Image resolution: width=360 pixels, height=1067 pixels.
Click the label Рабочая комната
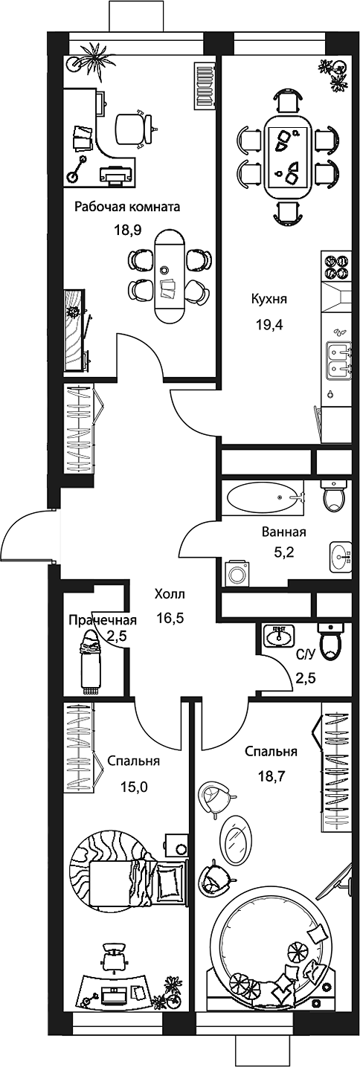pyautogui.click(x=127, y=207)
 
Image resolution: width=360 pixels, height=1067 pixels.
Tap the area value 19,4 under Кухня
pyautogui.click(x=269, y=326)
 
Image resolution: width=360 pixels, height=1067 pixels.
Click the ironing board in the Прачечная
pyautogui.click(x=91, y=660)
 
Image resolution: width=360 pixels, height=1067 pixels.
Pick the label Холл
pyautogui.click(x=170, y=594)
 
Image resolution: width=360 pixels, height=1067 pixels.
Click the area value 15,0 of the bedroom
pyautogui.click(x=135, y=785)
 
